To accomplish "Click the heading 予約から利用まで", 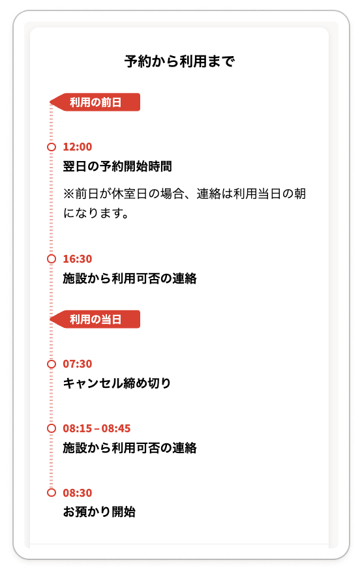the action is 179,61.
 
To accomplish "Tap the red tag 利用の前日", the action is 95,102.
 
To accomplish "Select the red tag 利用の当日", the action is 95,319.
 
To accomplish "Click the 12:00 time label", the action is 78,147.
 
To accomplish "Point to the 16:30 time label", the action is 78,259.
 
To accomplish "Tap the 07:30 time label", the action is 78,364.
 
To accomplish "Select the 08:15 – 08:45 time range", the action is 97,428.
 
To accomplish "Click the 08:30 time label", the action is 78,493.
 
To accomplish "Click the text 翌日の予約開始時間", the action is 117,166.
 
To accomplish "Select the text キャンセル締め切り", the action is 117,383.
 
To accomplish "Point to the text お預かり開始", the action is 99,512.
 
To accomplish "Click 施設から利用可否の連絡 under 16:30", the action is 130,278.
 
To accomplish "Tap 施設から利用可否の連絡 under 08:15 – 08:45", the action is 130,448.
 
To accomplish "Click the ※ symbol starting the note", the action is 68,194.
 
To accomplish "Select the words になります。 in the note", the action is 96,213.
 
